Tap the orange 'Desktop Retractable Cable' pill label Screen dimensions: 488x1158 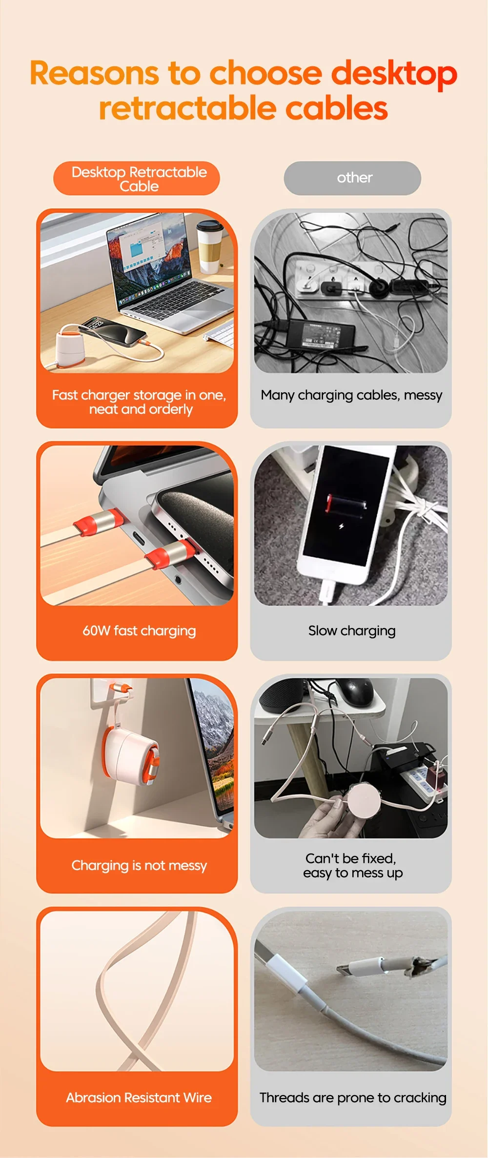137,179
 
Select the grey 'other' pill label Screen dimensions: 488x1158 352,178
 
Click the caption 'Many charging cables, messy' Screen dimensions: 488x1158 351,395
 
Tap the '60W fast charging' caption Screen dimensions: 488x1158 139,631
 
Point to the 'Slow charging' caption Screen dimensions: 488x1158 352,631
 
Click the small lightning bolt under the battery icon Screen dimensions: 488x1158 341,527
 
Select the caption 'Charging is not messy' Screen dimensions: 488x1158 139,866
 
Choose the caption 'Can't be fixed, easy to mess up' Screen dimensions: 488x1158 352,866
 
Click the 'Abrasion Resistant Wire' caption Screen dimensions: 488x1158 139,1098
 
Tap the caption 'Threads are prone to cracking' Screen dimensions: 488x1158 353,1098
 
